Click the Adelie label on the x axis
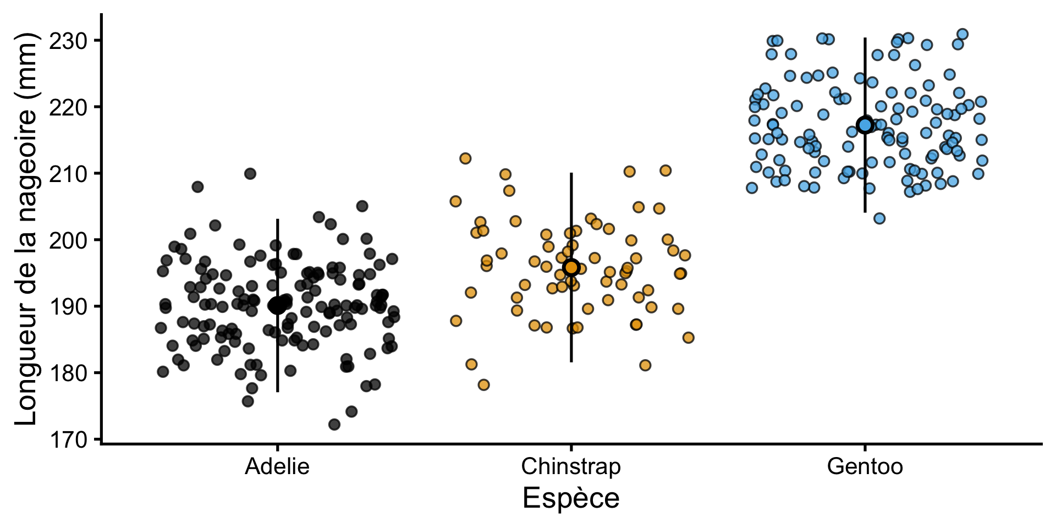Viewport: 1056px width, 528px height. (x=277, y=466)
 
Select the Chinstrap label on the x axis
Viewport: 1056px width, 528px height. (x=571, y=466)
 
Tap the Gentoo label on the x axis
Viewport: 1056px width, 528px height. (x=865, y=466)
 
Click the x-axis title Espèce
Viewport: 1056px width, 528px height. (x=571, y=499)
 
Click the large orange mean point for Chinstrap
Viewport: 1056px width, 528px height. (x=571, y=267)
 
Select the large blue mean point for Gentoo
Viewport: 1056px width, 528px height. (x=865, y=125)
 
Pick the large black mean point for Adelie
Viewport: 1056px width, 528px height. (x=277, y=306)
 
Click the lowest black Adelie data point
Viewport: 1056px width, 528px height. (x=334, y=425)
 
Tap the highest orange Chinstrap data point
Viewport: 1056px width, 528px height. (x=465, y=158)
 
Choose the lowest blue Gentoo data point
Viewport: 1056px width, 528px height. (x=879, y=218)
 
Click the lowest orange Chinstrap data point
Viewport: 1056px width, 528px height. (x=483, y=384)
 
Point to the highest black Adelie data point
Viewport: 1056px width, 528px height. (x=250, y=174)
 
